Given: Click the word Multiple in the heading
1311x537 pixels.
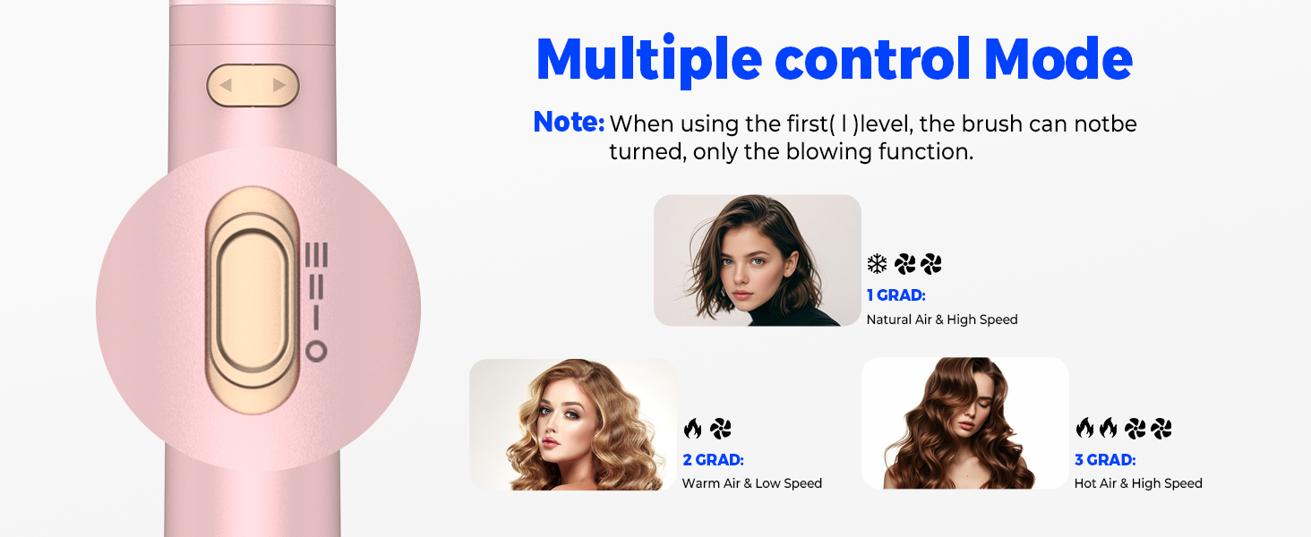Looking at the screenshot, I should coord(648,59).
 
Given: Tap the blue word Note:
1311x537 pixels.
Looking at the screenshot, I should coord(569,123).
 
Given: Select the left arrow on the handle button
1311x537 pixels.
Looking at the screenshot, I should coord(227,86).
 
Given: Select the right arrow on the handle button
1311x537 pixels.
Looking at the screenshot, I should coord(279,86).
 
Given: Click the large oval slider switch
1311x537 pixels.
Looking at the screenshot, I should coord(252,302).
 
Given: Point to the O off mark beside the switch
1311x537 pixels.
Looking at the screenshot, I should coord(316,352).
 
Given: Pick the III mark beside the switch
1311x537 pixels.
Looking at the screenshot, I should coord(316,256).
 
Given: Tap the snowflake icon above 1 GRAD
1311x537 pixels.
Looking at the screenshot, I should coord(877,264).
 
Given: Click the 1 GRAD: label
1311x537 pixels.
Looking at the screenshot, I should coord(895,295).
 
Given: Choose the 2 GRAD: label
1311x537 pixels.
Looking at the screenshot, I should coord(713,460).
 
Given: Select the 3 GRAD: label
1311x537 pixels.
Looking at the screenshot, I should coord(1105,460).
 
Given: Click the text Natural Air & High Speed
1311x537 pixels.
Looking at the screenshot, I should coord(942,320).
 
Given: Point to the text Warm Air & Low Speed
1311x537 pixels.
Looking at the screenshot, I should coord(751,483).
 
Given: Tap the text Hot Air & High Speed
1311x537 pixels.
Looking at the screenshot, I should coord(1138,483).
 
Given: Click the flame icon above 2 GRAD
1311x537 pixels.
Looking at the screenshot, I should coord(692,429).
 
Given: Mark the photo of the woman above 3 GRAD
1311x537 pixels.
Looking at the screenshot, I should coord(964,423).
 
